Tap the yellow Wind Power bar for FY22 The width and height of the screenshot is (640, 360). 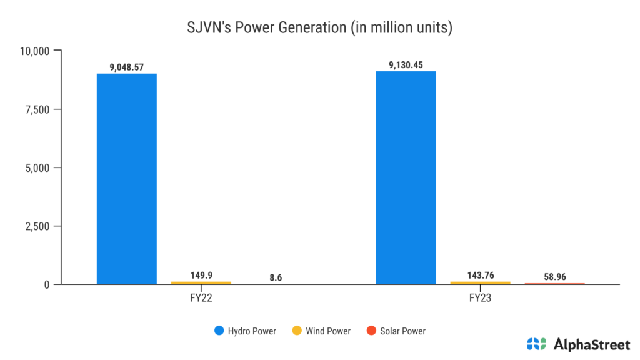coord(201,282)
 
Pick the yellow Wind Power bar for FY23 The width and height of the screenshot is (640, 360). coord(480,282)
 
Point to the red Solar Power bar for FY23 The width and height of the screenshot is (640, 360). coord(554,284)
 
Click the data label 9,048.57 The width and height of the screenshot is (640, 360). coord(127,67)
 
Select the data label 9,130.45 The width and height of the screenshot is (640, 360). coord(406,64)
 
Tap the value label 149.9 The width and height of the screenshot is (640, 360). coord(201,275)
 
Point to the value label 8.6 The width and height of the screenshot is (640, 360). coord(276,277)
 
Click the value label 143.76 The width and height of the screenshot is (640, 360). coord(480,275)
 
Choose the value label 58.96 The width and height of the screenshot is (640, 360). coord(554,276)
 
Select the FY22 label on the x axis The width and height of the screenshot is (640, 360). coord(201,298)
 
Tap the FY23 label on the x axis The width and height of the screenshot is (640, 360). coord(480,298)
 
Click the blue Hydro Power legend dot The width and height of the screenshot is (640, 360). coord(218,331)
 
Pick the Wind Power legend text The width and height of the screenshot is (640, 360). coord(328,331)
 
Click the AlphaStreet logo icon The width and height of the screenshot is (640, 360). coord(536,343)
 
